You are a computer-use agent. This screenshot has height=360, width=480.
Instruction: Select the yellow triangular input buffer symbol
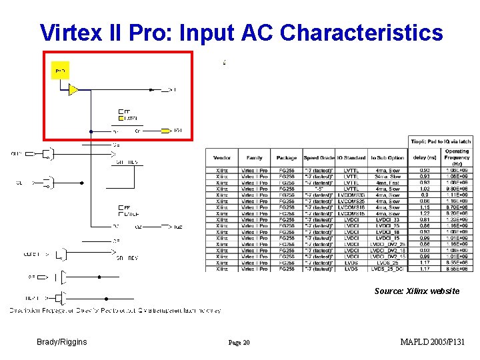coord(74,89)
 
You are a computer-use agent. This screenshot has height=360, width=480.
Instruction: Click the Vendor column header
coord(222,158)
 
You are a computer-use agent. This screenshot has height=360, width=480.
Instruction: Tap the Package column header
coord(287,158)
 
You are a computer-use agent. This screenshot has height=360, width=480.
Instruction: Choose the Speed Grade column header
coord(319,158)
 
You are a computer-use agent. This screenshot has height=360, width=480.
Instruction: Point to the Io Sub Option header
coord(387,158)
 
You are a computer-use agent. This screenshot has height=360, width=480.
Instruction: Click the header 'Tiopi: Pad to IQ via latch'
coord(441,141)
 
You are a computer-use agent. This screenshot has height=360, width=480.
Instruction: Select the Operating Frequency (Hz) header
coord(457,157)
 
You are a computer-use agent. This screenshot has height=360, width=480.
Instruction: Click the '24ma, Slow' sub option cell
coord(387,177)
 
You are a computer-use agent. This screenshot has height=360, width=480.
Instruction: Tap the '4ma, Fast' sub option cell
coord(387,183)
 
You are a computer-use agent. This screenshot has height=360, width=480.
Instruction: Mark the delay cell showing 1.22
coord(425,213)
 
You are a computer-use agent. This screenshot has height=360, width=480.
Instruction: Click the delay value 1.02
coord(425,189)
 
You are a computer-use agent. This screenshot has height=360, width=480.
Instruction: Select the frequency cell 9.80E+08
coord(457,189)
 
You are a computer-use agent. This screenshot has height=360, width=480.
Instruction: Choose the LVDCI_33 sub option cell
coord(387,219)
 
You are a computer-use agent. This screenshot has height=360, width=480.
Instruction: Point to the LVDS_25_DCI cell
coord(387,269)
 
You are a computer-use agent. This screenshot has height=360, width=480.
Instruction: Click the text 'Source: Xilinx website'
coord(417,291)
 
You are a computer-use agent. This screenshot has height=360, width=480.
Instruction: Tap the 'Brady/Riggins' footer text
coord(62,342)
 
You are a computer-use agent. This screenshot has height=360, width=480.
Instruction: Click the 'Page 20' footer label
coord(238,343)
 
